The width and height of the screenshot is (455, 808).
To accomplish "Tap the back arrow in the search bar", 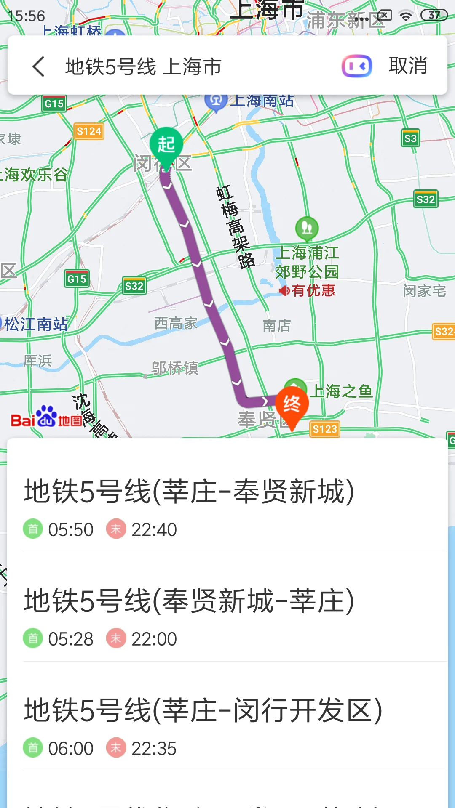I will [x=38, y=66].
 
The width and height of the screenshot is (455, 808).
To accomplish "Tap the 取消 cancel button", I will [x=408, y=66].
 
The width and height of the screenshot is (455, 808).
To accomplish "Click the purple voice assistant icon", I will [x=356, y=66].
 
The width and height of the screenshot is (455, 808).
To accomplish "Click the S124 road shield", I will [x=88, y=131].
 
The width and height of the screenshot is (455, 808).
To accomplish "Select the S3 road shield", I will [x=410, y=138].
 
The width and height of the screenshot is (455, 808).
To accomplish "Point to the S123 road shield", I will [x=324, y=429].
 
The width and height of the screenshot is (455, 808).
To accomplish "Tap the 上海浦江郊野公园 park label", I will [x=307, y=262].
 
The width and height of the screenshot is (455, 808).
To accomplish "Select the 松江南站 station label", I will [x=36, y=324].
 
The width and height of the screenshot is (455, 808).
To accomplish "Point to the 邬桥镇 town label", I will [x=175, y=368].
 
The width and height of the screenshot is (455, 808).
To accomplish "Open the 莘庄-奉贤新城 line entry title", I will [x=189, y=492].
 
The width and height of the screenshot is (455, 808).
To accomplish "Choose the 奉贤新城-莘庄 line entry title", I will [x=189, y=601].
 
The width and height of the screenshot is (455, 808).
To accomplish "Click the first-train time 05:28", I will [x=71, y=639].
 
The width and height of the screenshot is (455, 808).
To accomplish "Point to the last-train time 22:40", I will [x=154, y=529].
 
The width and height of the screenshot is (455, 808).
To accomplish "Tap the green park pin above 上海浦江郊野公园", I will [x=307, y=228].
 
